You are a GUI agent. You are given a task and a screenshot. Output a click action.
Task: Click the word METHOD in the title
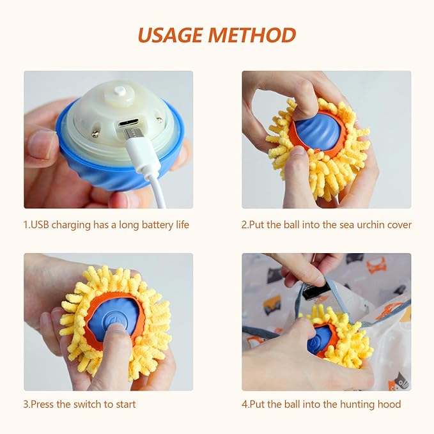pyautogui.click(x=252, y=35)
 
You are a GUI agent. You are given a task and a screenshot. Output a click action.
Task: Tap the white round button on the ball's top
pyautogui.click(x=121, y=90)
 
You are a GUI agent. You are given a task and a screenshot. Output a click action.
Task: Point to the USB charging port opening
pyautogui.click(x=128, y=123)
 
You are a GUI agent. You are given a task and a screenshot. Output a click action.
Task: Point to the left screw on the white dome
pyautogui.click(x=95, y=134)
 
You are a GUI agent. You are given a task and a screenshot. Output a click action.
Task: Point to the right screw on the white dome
pyautogui.click(x=159, y=120)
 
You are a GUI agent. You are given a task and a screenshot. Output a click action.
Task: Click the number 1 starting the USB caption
pyautogui.click(x=26, y=225)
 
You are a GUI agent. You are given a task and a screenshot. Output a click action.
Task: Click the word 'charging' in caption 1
pyautogui.click(x=71, y=225)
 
